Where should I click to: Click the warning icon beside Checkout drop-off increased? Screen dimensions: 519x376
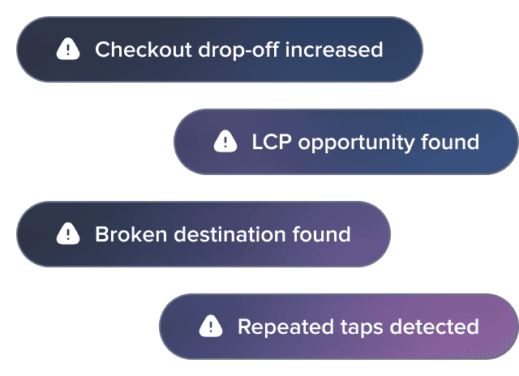point(68,49)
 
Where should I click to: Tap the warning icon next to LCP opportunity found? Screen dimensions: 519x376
point(225,141)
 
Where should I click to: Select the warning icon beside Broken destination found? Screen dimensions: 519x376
point(68,233)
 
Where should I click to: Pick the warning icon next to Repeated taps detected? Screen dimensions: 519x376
point(211,326)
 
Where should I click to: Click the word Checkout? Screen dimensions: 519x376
point(144,49)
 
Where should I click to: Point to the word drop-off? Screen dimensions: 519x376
point(238,49)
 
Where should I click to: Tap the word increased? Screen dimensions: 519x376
point(334,49)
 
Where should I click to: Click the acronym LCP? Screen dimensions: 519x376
point(272,142)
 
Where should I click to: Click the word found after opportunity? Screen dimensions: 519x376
point(450,142)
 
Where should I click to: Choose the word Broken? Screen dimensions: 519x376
point(131,234)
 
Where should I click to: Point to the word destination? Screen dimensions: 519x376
point(229,234)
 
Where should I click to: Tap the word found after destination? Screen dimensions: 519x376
point(321,234)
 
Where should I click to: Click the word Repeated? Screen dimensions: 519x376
point(285,327)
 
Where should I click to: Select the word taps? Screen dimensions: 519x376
point(362,328)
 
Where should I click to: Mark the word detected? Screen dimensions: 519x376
point(435,327)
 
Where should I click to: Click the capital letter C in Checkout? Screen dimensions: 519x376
point(103,49)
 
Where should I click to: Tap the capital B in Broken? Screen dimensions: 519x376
point(103,234)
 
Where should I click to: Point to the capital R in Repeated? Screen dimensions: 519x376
point(246,327)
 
